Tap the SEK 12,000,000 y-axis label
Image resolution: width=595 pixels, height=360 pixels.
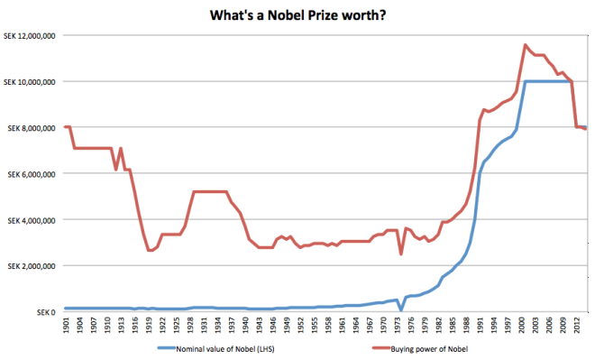pos(31,36)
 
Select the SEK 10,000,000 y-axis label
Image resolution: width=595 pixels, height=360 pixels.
pos(31,82)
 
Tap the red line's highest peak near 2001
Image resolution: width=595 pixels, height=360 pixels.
pos(525,44)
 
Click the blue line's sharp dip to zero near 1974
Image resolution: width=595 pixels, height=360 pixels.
pos(400,310)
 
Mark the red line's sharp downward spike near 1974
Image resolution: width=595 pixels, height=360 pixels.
pos(400,254)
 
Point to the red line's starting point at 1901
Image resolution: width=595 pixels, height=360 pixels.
pos(66,126)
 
